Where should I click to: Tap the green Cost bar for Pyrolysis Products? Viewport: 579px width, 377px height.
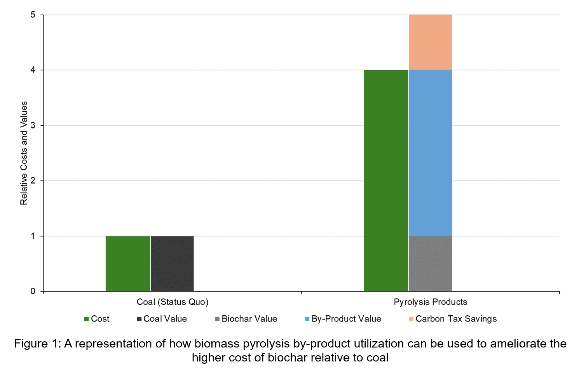coord(386,181)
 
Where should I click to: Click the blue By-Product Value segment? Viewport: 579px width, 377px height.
coord(430,153)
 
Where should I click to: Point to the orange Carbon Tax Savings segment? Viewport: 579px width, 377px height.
coord(430,42)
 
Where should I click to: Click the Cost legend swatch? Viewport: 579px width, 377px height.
coord(87,319)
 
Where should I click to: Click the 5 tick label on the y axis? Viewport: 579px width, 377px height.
coord(33,15)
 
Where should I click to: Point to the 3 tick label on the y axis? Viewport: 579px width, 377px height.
coord(33,125)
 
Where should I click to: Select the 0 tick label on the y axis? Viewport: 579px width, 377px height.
coord(33,291)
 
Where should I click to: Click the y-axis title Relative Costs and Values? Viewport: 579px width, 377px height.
coord(24,153)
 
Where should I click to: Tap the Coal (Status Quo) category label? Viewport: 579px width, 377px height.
coord(173,302)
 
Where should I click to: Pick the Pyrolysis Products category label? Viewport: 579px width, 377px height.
coord(430,302)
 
